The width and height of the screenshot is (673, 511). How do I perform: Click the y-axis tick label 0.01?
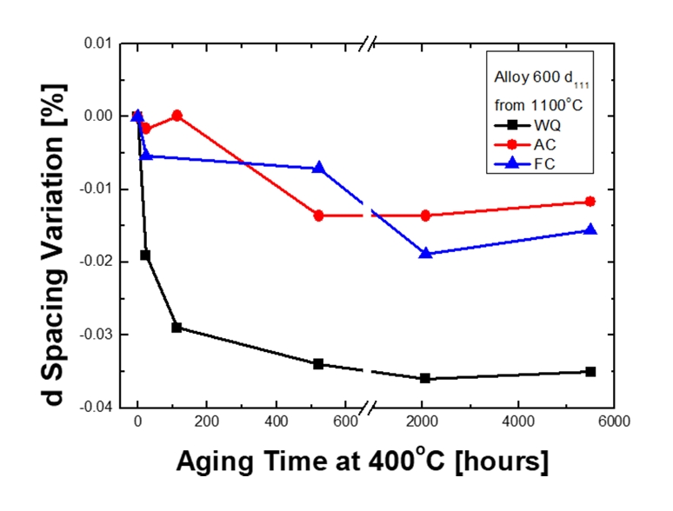pos(98,43)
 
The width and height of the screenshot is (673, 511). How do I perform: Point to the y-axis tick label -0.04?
pos(97,408)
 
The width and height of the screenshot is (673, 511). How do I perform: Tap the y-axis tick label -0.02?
pos(97,262)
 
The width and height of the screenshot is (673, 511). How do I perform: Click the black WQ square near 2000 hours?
pos(425,378)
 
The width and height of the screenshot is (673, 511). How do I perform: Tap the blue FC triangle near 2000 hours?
pos(425,253)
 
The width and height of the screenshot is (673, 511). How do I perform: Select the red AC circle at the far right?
pos(590,202)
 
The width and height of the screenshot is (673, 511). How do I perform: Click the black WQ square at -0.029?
pos(177,328)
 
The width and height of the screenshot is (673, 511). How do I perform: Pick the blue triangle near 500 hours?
pos(319,168)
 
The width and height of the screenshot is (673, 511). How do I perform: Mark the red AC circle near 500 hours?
pos(319,216)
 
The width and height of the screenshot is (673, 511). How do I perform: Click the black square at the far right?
pos(590,371)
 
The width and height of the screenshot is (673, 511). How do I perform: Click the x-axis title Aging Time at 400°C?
pos(362,461)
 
